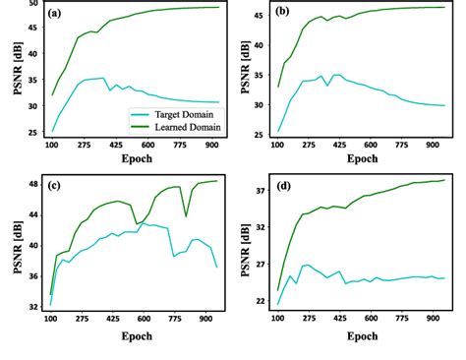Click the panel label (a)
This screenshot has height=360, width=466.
tap(59, 14)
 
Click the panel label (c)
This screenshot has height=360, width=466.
tap(57, 185)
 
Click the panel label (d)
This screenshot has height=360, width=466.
tap(284, 185)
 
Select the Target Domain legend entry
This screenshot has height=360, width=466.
tap(177, 113)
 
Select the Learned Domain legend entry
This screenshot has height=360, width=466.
tap(178, 126)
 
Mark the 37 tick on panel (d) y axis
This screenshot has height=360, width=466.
tap(260, 190)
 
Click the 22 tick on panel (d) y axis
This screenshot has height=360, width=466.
tap(260, 301)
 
